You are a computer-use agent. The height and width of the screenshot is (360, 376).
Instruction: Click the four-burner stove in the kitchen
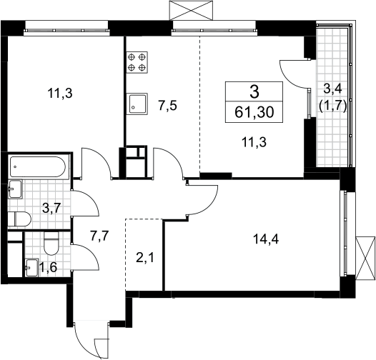[137, 62]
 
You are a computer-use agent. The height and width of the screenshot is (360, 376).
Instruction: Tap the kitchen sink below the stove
[137, 104]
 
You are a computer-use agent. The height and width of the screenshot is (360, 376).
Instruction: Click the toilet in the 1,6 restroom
[51, 243]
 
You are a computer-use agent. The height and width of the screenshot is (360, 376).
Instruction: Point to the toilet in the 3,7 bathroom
[19, 219]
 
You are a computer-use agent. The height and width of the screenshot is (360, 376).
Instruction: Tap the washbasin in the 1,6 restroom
[32, 267]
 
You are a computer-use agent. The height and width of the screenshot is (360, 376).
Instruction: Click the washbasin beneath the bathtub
[15, 189]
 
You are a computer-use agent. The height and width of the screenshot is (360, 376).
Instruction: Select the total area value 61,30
[254, 112]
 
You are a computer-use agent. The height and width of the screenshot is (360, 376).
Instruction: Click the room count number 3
[254, 92]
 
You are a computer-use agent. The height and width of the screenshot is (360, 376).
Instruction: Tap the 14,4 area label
[266, 239]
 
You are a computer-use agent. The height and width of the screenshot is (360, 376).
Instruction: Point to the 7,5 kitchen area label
[167, 106]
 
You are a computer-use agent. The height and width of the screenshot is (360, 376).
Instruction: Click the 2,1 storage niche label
[145, 258]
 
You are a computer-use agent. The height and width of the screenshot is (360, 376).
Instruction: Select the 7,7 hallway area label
[100, 236]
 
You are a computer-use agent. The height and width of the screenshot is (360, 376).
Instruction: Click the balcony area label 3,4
[332, 89]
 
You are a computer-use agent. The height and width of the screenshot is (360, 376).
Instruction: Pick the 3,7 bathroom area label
[51, 208]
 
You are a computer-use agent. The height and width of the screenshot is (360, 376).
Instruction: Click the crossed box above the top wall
[191, 10]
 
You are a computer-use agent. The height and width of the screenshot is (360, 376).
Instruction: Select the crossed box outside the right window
[365, 258]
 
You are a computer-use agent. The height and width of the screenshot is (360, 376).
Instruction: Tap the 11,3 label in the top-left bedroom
[60, 93]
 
